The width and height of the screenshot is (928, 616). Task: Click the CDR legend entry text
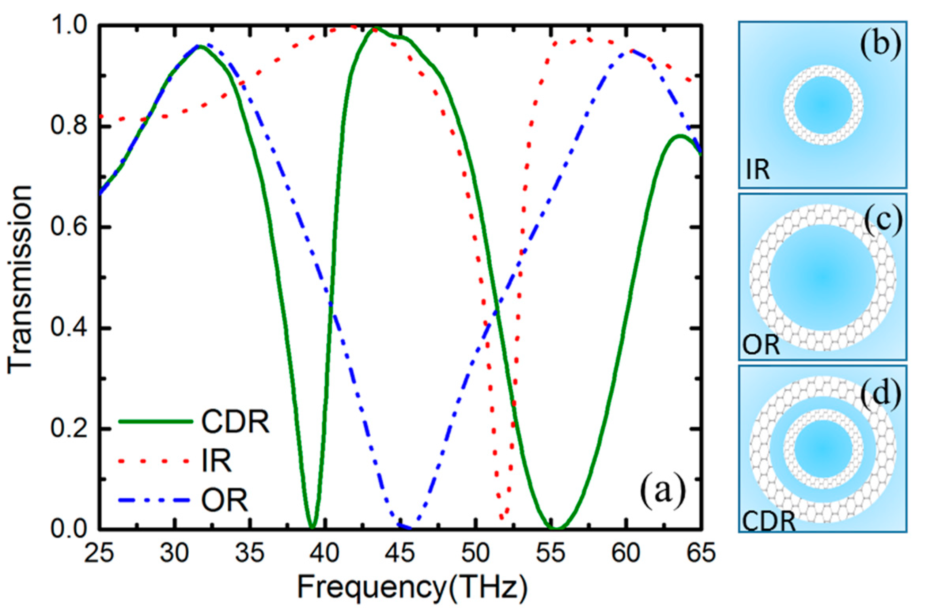235,422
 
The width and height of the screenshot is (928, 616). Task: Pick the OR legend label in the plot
224,500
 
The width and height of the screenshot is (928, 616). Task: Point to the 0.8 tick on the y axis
67,126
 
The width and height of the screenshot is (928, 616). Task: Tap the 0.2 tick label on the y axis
67,428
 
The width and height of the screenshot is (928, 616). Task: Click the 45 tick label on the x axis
400,553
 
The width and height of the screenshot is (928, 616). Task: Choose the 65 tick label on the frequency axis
701,553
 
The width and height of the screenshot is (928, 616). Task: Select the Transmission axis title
20,279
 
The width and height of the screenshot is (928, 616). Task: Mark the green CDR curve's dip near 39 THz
312,527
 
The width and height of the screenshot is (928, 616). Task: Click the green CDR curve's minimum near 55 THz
557,528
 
